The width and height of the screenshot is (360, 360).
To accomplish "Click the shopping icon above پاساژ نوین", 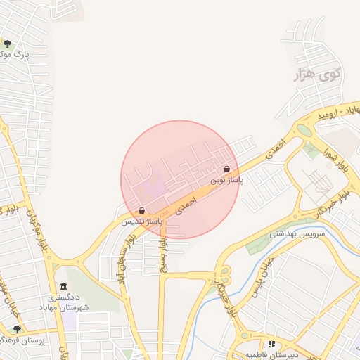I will pyautogui.click(x=226, y=169).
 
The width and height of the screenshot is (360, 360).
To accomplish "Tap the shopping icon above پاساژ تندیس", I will pyautogui.click(x=142, y=210).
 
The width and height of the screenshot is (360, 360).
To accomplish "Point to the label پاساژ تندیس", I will pyautogui.click(x=142, y=221).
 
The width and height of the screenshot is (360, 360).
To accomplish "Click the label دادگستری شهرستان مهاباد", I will pyautogui.click(x=73, y=303).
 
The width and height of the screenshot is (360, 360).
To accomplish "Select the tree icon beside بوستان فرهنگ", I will pyautogui.click(x=18, y=329).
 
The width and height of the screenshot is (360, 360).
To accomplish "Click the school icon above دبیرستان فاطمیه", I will pyautogui.click(x=271, y=345).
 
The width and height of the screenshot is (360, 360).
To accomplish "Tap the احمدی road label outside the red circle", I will pyautogui.click(x=276, y=143).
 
